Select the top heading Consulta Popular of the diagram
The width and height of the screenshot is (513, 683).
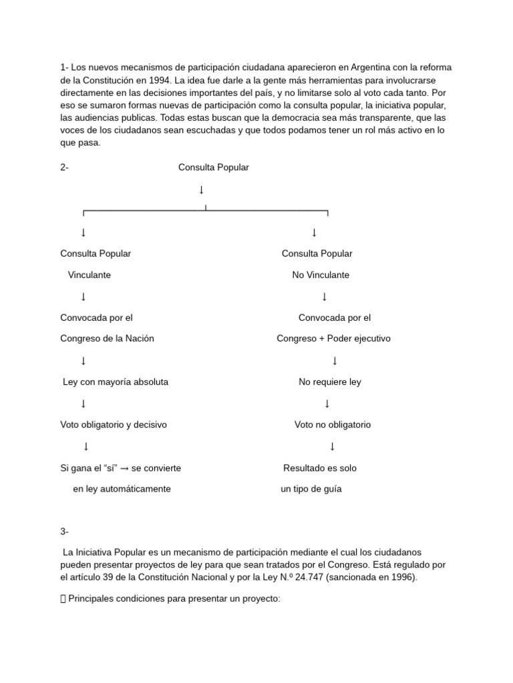(x=213, y=167)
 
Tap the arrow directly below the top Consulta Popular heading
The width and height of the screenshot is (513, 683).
(x=201, y=191)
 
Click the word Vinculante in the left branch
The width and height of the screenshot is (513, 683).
(x=90, y=275)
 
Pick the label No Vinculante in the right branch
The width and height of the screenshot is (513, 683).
(x=321, y=275)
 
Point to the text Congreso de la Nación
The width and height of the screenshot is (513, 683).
(x=107, y=338)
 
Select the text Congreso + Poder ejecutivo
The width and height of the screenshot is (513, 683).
(x=333, y=338)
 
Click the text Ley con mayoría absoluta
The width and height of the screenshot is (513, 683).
(x=116, y=382)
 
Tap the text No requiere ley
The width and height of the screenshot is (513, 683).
(x=329, y=382)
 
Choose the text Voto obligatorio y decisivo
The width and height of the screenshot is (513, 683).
(x=114, y=425)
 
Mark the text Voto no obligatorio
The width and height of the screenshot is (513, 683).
(x=333, y=425)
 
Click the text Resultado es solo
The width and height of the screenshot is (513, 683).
(x=320, y=468)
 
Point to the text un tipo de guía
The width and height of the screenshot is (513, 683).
(x=311, y=489)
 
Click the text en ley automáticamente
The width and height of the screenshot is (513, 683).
(x=122, y=489)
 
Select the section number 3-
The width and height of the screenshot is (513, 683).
(x=64, y=532)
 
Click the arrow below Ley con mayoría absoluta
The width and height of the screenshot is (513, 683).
(x=83, y=404)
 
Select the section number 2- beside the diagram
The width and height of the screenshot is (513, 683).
(x=64, y=167)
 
